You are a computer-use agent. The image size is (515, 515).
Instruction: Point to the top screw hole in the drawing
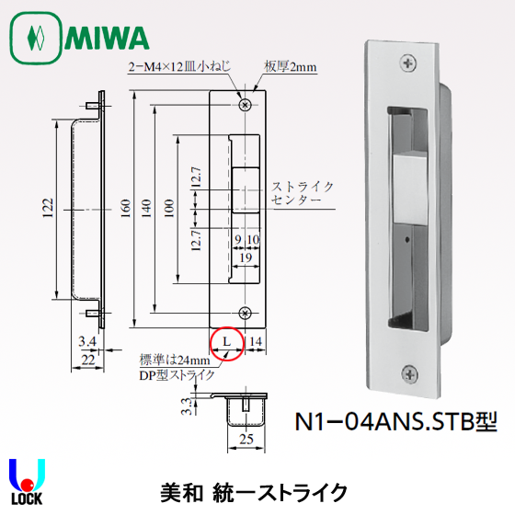coord(244,105)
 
